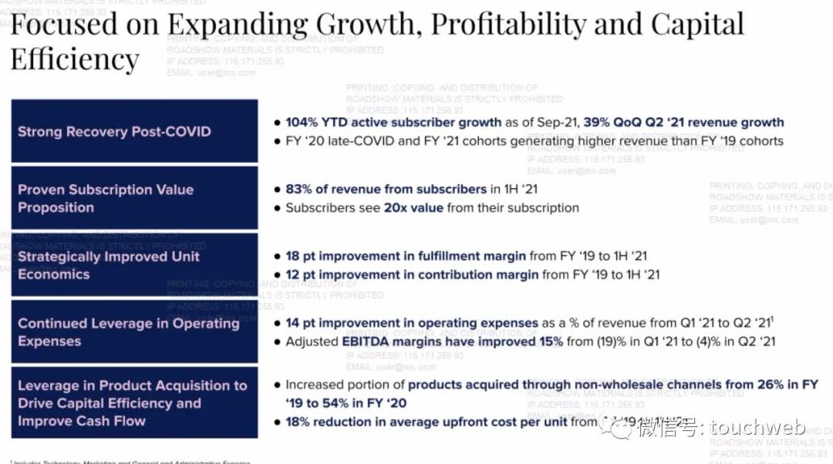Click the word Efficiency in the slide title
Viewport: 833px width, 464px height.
click(x=75, y=59)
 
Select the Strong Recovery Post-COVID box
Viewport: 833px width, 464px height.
click(x=134, y=131)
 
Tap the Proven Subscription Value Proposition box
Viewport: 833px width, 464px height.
click(x=134, y=198)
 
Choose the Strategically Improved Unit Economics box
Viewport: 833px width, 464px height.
click(x=134, y=265)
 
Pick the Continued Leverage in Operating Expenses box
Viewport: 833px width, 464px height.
click(x=134, y=332)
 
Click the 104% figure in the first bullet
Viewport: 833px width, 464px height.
click(x=302, y=123)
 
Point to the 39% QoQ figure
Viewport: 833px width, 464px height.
click(x=598, y=123)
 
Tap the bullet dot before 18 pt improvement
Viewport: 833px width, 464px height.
click(x=278, y=257)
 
